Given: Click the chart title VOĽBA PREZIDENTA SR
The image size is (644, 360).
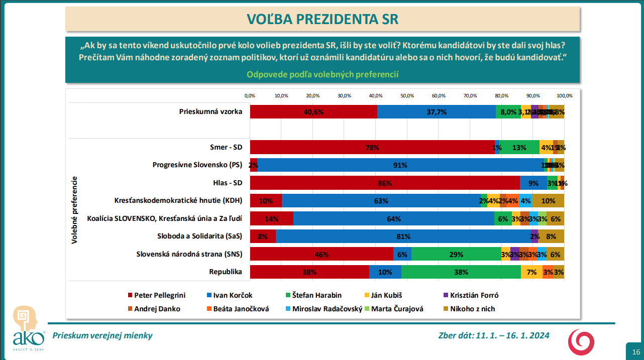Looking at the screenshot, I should (x=322, y=19).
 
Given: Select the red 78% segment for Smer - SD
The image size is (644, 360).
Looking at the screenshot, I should (x=372, y=147).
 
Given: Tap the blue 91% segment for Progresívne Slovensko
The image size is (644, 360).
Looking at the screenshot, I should (x=400, y=165).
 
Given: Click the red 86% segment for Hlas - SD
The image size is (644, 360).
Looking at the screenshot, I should (x=384, y=183).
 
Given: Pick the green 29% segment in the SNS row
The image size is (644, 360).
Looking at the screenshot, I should (x=456, y=254).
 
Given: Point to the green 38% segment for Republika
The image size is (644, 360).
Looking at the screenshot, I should (x=461, y=272).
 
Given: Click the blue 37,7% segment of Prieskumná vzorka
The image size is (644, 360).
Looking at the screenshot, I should (x=436, y=112).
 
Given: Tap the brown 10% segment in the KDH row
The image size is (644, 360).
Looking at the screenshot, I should (x=548, y=201).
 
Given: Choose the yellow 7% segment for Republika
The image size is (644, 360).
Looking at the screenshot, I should (x=531, y=272).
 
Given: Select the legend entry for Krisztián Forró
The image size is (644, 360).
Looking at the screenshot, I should (x=470, y=295).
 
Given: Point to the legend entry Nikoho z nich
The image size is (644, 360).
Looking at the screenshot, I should (x=470, y=309).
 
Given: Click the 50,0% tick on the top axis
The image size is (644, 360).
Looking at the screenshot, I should (x=407, y=95).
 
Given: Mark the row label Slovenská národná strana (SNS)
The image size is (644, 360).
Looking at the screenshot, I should (x=189, y=254).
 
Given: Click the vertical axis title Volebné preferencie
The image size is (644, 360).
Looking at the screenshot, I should (x=74, y=210).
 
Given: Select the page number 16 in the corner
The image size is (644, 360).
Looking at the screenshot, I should (x=635, y=351).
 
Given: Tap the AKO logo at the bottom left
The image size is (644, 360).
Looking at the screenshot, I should (x=27, y=329).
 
